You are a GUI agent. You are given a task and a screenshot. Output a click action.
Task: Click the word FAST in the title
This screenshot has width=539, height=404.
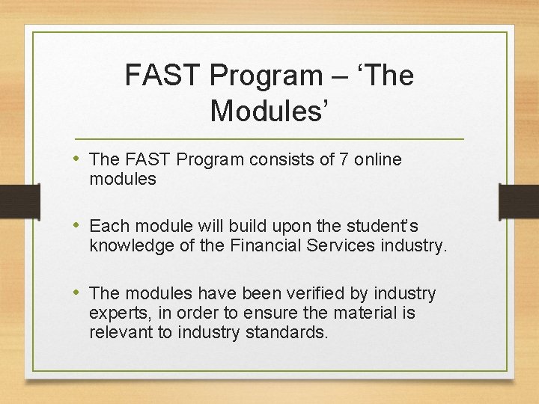[162, 76]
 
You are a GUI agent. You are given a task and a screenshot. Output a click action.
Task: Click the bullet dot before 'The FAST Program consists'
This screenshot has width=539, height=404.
[79, 159]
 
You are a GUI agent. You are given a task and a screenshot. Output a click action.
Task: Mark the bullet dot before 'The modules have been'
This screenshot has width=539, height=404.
[79, 293]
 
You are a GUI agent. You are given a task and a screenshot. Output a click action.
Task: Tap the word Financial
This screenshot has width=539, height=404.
[264, 245]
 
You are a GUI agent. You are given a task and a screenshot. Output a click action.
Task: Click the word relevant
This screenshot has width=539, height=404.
[121, 332]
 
